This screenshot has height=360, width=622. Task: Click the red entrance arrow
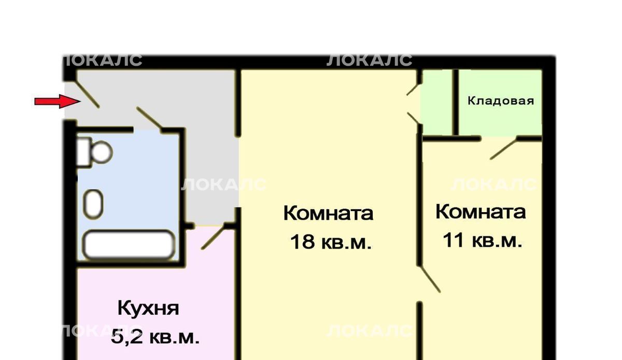click(x=58, y=101)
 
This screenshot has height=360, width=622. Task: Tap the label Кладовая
click(x=501, y=101)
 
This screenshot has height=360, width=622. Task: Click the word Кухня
click(x=148, y=308)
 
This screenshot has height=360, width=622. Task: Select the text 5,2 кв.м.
click(x=155, y=338)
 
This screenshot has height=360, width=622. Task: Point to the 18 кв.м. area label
click(x=331, y=242)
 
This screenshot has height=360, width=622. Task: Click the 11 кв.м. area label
click(x=483, y=240)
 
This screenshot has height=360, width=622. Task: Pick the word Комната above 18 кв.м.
click(x=328, y=213)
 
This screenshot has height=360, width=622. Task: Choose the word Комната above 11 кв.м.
click(x=480, y=212)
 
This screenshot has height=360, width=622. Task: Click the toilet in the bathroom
click(x=94, y=152)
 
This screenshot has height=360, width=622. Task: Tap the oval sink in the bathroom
click(x=93, y=204)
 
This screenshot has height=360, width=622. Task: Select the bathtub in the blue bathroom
click(x=129, y=245)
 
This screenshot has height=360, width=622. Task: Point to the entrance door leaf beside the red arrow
click(x=88, y=94)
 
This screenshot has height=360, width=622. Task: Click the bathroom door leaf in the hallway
click(x=149, y=118)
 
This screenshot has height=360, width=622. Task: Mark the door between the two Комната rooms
click(x=430, y=279)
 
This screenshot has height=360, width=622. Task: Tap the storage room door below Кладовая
click(x=504, y=148)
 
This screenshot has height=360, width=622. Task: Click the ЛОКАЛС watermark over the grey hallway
click(x=224, y=184)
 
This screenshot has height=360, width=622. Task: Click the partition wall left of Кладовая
click(x=455, y=102)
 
